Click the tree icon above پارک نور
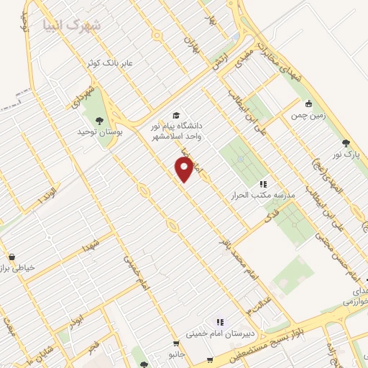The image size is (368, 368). (346, 143)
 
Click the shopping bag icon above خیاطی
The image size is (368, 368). (11, 257)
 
